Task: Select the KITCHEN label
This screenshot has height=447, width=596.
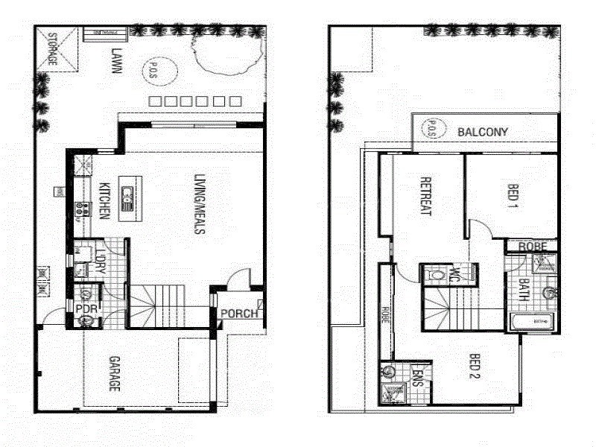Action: point(105,200)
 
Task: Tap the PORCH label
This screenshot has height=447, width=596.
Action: point(239,313)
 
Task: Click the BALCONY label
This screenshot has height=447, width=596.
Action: point(483,133)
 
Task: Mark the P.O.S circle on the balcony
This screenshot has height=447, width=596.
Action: point(432,129)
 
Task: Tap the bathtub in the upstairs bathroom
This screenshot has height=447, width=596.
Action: point(532,322)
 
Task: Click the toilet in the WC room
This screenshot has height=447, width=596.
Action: point(433,275)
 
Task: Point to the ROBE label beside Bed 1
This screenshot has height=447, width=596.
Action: point(533,247)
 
